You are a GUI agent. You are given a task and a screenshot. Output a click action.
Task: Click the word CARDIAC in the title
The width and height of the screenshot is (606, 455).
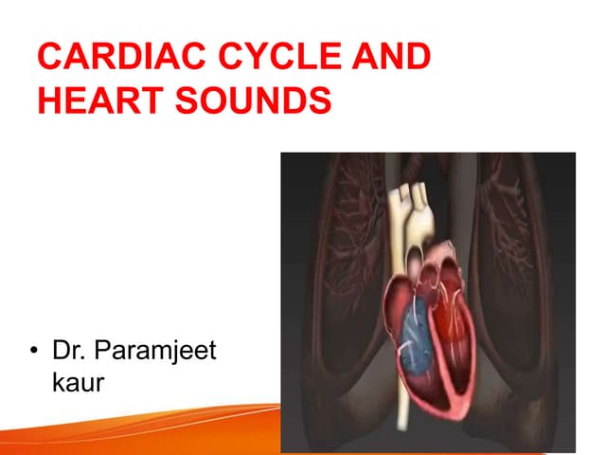coord(106,59)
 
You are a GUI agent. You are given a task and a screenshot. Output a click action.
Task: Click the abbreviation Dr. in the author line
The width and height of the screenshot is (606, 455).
coord(70,352)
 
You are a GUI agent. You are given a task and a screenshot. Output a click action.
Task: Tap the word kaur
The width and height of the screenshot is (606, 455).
coord(78,383)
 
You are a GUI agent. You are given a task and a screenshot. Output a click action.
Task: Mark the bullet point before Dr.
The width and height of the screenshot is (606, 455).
coord(35,353)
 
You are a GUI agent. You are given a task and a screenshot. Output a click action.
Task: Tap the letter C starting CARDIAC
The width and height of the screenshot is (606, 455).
coord(49,59)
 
